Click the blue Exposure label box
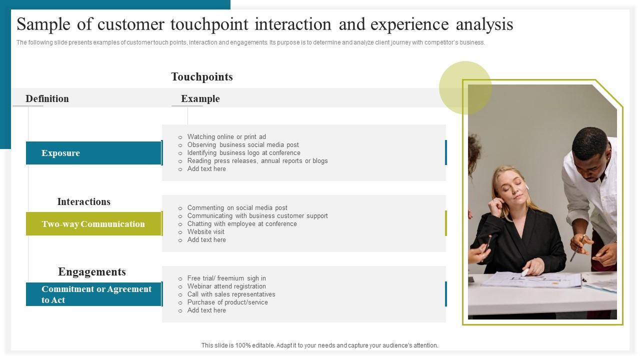coord(93,153)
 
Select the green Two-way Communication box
coord(93,224)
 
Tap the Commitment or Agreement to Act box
coord(93,294)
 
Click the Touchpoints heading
coord(202,77)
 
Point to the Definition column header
coord(47,99)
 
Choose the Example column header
coord(200,99)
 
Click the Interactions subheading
coord(83,202)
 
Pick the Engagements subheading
coord(92,272)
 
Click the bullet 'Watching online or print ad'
coord(226,137)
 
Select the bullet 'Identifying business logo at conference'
coord(243,153)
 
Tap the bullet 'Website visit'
coord(205,232)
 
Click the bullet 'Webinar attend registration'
coord(226,286)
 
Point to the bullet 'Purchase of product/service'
coord(227,302)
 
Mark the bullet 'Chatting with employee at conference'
coord(242,224)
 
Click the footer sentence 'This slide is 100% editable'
coord(319,345)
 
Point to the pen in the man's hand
coord(576,248)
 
